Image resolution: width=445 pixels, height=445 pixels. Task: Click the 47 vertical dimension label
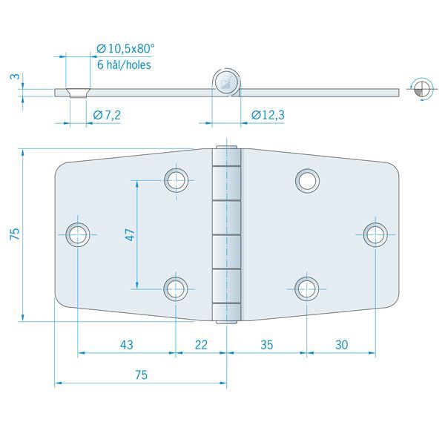130,235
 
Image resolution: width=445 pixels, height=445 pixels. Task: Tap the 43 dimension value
127,344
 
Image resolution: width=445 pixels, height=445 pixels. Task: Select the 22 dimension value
202,344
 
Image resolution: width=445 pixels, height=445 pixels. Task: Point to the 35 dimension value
267,344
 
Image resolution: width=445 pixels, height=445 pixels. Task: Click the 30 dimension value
340,344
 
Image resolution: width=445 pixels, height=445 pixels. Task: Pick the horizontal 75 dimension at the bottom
141,375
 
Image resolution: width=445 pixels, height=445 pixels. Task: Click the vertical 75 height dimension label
14,235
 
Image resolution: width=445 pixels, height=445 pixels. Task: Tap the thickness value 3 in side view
13,76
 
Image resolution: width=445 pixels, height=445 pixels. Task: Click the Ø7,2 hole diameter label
108,114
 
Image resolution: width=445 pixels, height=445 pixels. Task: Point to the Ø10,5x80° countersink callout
126,48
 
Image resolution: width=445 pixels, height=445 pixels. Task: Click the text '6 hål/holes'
124,65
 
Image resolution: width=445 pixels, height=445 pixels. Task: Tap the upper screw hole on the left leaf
176,179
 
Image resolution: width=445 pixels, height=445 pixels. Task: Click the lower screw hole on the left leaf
176,287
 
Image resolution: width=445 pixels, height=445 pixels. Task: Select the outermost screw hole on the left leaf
77,234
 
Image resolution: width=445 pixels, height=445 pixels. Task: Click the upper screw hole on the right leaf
307,179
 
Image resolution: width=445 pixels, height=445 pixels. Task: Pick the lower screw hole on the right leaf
306,287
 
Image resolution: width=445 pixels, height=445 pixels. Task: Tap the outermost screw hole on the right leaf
375,234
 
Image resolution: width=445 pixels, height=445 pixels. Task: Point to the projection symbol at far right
421,88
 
